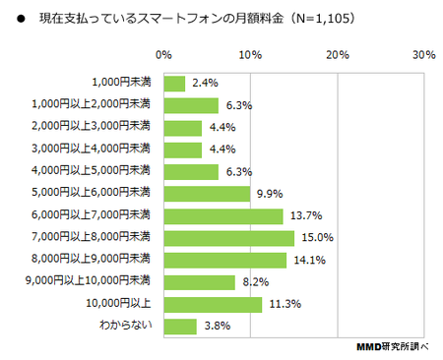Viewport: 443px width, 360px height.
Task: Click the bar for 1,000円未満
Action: (x=174, y=84)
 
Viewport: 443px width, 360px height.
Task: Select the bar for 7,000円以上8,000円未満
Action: (x=229, y=238)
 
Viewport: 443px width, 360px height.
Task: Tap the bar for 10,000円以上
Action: (x=214, y=305)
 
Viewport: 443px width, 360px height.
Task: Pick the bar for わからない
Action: (x=180, y=327)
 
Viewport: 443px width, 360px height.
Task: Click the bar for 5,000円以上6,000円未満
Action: (x=207, y=194)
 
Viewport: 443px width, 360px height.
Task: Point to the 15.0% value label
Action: (x=317, y=237)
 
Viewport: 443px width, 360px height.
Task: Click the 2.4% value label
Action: (x=205, y=83)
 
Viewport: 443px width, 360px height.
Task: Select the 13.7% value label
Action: (x=306, y=215)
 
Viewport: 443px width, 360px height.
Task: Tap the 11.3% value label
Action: (x=285, y=304)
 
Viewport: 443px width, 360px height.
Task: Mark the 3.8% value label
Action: (x=218, y=326)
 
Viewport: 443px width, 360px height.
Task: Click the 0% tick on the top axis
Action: (x=163, y=55)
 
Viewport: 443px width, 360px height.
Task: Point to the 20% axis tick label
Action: (x=338, y=55)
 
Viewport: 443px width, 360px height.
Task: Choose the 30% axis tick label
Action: (x=424, y=55)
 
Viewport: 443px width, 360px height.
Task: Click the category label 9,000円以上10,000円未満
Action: (x=88, y=280)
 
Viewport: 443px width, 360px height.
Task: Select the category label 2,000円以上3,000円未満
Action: (x=91, y=126)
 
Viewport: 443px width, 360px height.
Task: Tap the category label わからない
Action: (x=126, y=325)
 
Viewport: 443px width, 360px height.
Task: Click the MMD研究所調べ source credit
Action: (x=393, y=346)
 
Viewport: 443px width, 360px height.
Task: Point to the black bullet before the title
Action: (x=21, y=19)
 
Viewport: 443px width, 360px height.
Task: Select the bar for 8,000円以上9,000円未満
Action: (x=225, y=261)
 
